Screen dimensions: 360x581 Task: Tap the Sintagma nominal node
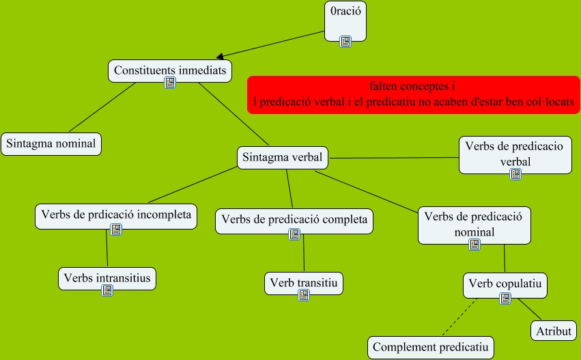point(52,143)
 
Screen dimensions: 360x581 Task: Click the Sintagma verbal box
point(283,157)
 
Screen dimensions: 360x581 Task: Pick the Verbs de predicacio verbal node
point(515,153)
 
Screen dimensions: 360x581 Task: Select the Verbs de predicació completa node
point(294,219)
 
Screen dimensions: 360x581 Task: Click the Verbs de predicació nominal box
point(473,223)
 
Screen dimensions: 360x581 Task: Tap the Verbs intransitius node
point(107,277)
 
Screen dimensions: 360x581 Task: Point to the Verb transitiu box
point(304,281)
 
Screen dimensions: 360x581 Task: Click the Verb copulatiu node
point(505,282)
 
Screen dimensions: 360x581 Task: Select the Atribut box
point(553,331)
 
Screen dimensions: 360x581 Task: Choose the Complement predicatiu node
point(431,347)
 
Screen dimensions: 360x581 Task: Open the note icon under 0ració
point(345,42)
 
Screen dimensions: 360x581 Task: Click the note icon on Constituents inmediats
point(170,83)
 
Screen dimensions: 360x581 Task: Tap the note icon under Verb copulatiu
point(505,299)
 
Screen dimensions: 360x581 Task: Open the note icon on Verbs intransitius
point(107,290)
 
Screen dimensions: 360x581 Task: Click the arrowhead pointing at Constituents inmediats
point(221,57)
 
